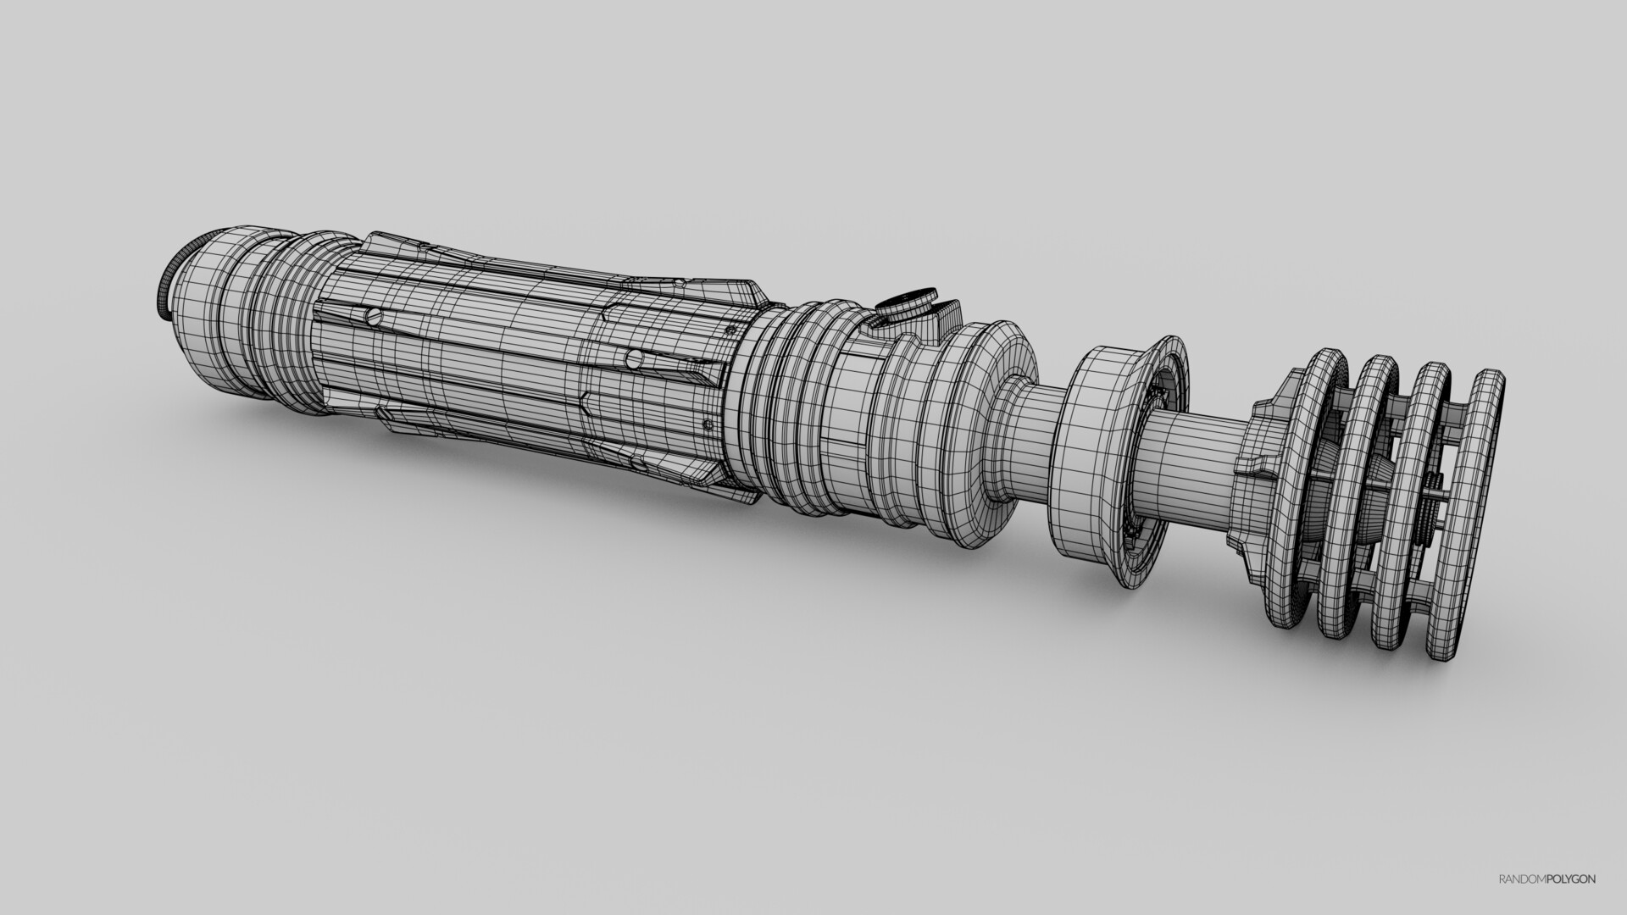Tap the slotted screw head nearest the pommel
(x=372, y=318)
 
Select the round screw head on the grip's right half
(x=634, y=358)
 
